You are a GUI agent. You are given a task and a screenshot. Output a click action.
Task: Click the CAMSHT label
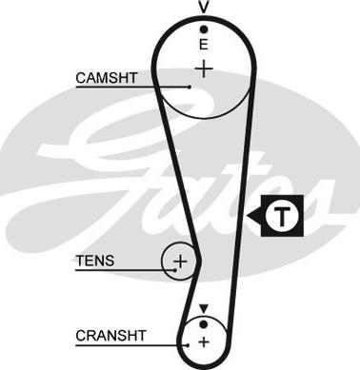(107, 78)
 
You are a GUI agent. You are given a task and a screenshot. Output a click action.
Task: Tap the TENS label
(95, 261)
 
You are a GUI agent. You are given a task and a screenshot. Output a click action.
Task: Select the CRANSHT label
(110, 336)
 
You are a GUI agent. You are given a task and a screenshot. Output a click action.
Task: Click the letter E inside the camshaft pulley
(204, 45)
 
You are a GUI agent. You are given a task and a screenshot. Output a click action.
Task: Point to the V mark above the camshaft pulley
(204, 7)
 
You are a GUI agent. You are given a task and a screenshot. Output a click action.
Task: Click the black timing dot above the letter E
(204, 29)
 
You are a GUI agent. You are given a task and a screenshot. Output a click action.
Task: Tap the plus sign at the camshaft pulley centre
(204, 69)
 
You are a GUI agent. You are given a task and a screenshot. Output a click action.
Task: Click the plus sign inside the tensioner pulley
(181, 262)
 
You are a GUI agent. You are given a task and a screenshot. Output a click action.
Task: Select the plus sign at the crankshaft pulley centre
(204, 342)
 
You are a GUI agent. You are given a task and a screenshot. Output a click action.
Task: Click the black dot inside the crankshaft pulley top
(204, 324)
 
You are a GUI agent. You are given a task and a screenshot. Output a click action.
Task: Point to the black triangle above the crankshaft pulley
(204, 308)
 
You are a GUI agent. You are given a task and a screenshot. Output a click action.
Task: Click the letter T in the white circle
(282, 217)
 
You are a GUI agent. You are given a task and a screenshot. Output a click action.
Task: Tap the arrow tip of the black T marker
(248, 216)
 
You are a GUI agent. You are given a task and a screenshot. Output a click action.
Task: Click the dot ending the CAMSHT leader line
(190, 87)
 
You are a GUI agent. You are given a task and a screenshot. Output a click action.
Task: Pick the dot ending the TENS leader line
(175, 270)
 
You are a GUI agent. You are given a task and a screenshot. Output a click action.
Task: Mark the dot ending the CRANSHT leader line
(188, 345)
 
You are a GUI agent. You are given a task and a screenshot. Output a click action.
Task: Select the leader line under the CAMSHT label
(132, 87)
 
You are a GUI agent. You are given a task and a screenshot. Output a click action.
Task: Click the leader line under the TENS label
(126, 270)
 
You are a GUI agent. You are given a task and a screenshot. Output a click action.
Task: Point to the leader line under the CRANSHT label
(131, 345)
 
